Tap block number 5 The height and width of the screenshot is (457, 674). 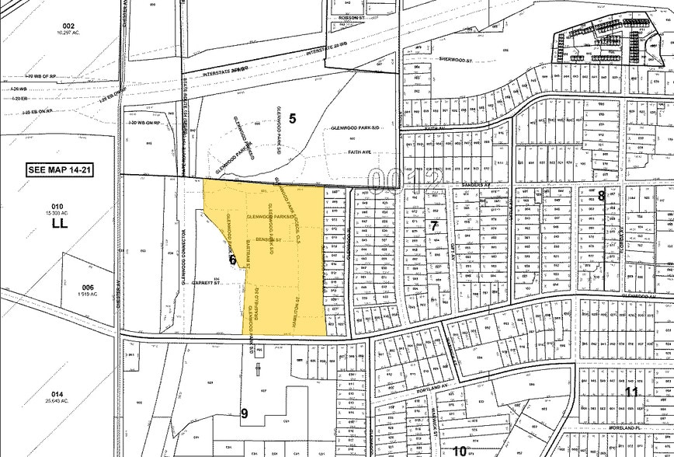[293, 118]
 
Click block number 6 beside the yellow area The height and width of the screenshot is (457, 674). [232, 260]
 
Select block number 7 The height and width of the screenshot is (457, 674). [434, 226]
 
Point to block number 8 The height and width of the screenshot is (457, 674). [601, 195]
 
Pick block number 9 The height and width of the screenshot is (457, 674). [245, 413]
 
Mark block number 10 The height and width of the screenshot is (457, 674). [460, 450]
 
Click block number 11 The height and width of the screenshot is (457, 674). [631, 391]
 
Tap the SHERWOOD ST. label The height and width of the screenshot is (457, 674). [456, 59]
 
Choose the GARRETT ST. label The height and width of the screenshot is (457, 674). [208, 284]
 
